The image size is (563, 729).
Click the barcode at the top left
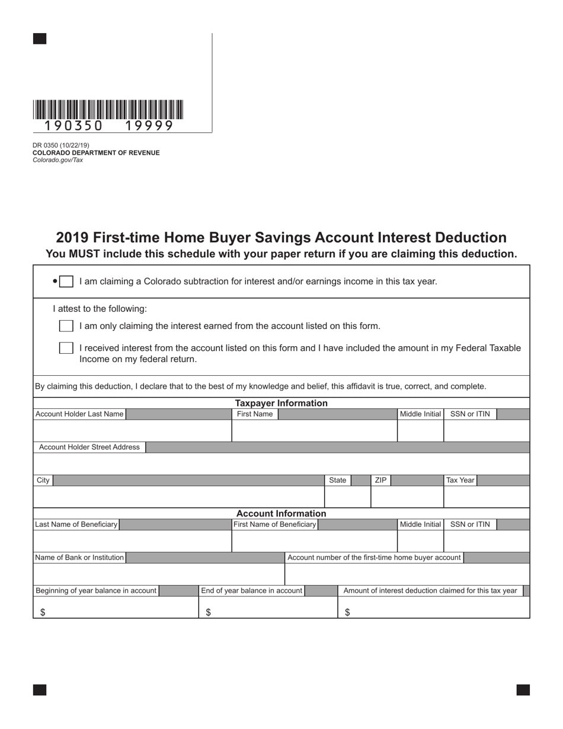[108, 110]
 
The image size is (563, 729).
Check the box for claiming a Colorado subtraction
[66, 282]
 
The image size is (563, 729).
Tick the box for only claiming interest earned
[66, 326]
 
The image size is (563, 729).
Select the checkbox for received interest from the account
[66, 348]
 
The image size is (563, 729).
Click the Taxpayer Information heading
[281, 403]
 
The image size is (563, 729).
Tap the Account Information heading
[281, 513]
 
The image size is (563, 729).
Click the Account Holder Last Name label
[79, 414]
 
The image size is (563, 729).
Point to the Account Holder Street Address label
[89, 447]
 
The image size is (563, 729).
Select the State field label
[337, 480]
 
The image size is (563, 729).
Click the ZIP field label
[380, 480]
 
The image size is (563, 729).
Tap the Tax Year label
[460, 480]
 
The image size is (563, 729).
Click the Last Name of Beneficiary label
[76, 524]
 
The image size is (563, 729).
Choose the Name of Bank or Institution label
[79, 557]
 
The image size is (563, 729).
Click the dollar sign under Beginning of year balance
[43, 613]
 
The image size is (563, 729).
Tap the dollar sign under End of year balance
[208, 613]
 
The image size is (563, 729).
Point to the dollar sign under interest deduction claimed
[347, 613]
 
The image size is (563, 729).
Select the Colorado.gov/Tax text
[57, 160]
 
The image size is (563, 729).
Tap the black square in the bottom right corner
[523, 689]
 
